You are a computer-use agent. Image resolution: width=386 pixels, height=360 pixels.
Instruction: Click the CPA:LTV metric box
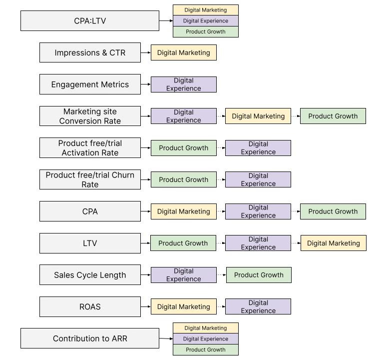[x=90, y=21]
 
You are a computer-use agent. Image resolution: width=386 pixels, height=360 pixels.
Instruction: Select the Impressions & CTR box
[x=90, y=52]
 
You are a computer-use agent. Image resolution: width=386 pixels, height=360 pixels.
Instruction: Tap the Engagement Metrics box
[x=90, y=84]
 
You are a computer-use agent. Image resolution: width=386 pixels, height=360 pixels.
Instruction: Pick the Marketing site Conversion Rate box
[x=90, y=116]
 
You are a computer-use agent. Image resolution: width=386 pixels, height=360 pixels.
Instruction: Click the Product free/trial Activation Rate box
[x=90, y=148]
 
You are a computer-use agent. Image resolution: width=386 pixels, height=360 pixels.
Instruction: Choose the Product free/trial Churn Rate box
[x=90, y=179]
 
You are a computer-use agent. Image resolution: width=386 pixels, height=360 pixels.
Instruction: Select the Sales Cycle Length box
[x=90, y=275]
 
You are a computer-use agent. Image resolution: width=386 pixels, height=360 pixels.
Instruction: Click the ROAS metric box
[x=90, y=306]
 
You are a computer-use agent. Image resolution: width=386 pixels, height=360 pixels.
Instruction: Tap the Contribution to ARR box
[x=90, y=338]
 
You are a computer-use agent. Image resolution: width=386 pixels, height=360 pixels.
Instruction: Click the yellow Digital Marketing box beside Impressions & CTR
[x=184, y=52]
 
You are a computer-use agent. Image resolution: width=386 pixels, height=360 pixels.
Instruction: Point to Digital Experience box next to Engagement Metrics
[x=184, y=84]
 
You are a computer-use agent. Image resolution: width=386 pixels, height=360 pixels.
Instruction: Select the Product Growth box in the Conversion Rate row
[x=333, y=116]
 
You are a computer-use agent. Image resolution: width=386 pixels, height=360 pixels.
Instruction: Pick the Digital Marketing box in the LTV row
[x=334, y=243]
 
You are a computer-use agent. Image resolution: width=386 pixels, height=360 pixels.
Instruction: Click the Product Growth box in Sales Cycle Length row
[x=259, y=275]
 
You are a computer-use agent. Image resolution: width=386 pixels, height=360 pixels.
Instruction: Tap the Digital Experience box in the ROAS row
[x=258, y=306]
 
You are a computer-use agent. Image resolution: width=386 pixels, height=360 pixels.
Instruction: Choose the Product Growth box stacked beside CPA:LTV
[x=206, y=31]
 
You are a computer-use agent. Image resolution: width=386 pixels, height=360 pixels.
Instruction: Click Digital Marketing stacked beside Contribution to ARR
[x=206, y=328]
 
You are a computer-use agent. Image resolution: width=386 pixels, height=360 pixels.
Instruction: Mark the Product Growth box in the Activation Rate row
[x=184, y=148]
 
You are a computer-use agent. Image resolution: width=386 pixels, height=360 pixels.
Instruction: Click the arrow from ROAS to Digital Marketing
[x=146, y=306]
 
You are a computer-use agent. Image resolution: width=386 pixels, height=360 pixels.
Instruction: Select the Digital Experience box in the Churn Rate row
[x=258, y=179]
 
